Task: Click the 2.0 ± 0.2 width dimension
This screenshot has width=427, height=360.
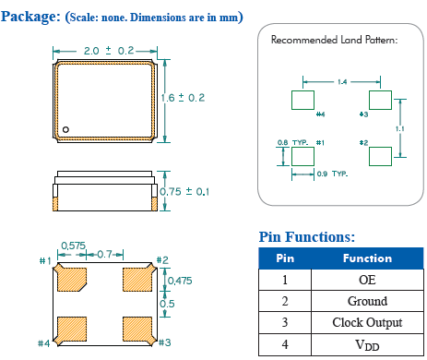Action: point(108,50)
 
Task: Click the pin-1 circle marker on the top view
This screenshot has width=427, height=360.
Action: point(66,128)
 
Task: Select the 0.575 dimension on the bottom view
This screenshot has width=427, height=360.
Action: point(74,246)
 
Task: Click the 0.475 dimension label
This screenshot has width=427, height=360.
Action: point(181,281)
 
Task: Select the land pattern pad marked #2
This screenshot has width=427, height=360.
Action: point(380,157)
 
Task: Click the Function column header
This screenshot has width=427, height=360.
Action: point(367,258)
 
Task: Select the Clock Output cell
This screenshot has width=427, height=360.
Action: point(367,322)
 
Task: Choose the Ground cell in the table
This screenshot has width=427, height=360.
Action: point(367,301)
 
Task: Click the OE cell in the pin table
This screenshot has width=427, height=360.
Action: point(367,280)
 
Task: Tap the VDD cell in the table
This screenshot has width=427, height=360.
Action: point(367,344)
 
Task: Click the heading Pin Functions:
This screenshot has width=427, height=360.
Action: point(306,237)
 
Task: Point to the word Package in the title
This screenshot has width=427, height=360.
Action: point(32,16)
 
